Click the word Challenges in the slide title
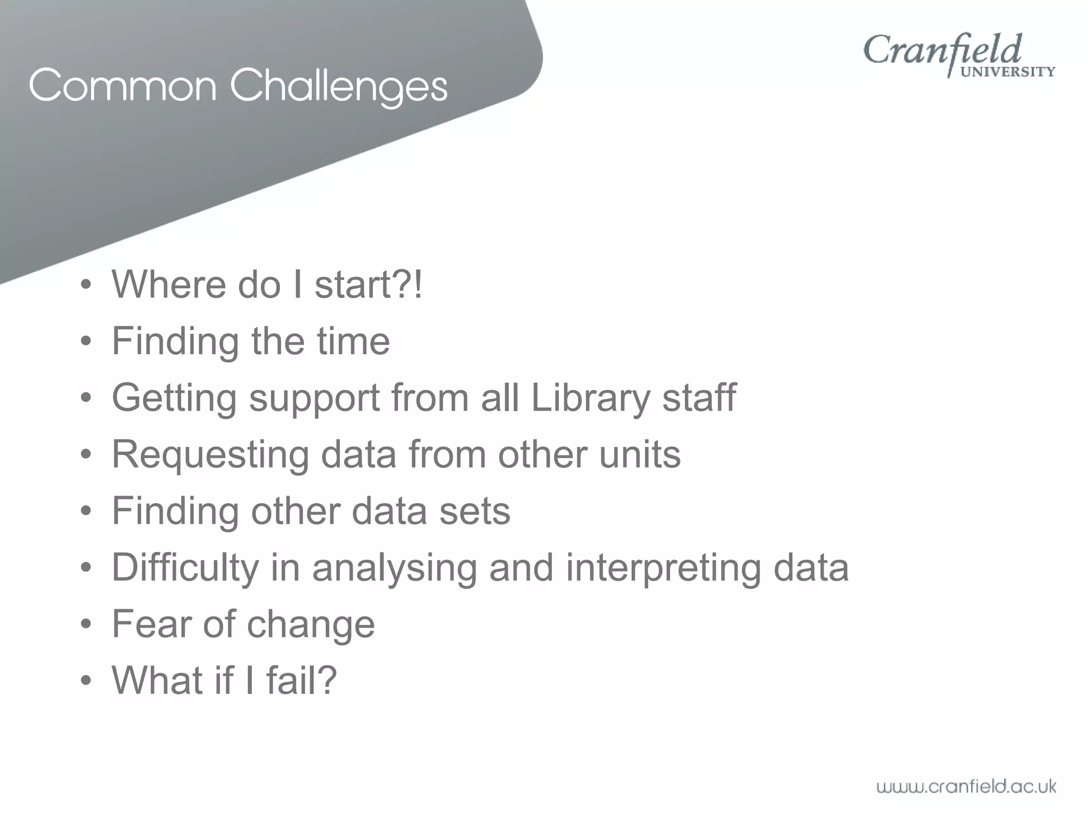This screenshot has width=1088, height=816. [338, 87]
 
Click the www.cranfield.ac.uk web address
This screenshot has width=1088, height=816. [966, 786]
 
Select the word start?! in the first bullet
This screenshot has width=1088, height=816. [369, 285]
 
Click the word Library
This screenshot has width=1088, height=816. [590, 398]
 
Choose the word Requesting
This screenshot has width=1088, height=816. [210, 455]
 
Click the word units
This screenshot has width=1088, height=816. [640, 455]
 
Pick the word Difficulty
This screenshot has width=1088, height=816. [184, 568]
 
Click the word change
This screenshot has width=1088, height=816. [310, 625]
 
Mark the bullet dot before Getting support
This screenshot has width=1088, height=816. [86, 398]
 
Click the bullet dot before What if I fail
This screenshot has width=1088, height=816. [86, 681]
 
